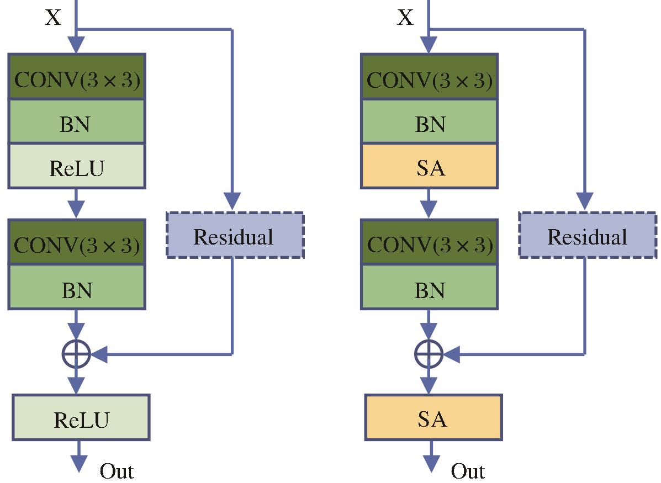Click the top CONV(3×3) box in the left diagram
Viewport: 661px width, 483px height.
(x=77, y=77)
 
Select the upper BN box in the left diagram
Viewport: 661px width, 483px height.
(x=77, y=122)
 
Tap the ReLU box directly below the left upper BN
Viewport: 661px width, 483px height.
(x=77, y=166)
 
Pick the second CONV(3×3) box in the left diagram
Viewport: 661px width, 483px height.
(x=77, y=242)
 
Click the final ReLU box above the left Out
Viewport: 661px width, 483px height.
(x=81, y=418)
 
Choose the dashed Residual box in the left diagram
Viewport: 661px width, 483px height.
(x=235, y=235)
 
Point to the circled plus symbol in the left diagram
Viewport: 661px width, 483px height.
(x=76, y=354)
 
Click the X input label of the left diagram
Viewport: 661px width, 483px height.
(x=53, y=18)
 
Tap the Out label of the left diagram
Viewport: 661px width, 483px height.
(x=117, y=471)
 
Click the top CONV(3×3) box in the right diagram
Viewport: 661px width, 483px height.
(x=430, y=77)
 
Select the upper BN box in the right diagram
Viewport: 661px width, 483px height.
(x=430, y=122)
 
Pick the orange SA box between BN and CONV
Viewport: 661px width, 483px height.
(x=430, y=166)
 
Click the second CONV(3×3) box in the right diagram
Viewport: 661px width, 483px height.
(x=430, y=242)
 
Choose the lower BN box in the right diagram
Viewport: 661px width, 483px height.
(x=430, y=287)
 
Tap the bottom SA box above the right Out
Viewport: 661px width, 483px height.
(x=433, y=418)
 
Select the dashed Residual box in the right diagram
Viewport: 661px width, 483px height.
(x=588, y=235)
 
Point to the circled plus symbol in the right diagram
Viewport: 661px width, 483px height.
(x=429, y=354)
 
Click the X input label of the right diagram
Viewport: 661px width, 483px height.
(x=405, y=18)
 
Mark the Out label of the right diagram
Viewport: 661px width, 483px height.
(x=468, y=471)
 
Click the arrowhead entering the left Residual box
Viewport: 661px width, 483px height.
(x=232, y=201)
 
